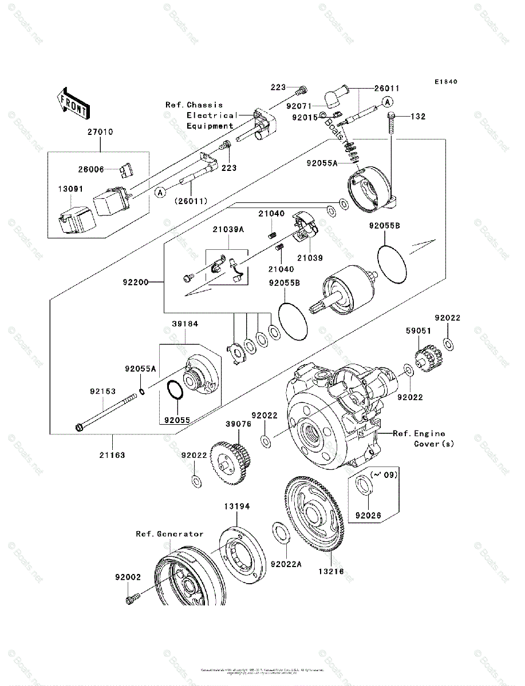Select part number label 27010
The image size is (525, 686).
pyautogui.click(x=100, y=131)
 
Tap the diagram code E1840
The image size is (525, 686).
pyautogui.click(x=445, y=82)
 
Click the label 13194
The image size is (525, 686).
pyautogui.click(x=236, y=506)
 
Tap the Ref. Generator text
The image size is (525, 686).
pyautogui.click(x=169, y=534)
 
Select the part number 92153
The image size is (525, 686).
pyautogui.click(x=102, y=392)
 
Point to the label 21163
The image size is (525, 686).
pyautogui.click(x=112, y=455)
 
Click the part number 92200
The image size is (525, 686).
pyautogui.click(x=135, y=282)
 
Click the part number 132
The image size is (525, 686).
pyautogui.click(x=418, y=117)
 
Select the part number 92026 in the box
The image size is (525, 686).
pyautogui.click(x=368, y=514)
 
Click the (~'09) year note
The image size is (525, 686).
pyautogui.click(x=384, y=474)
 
